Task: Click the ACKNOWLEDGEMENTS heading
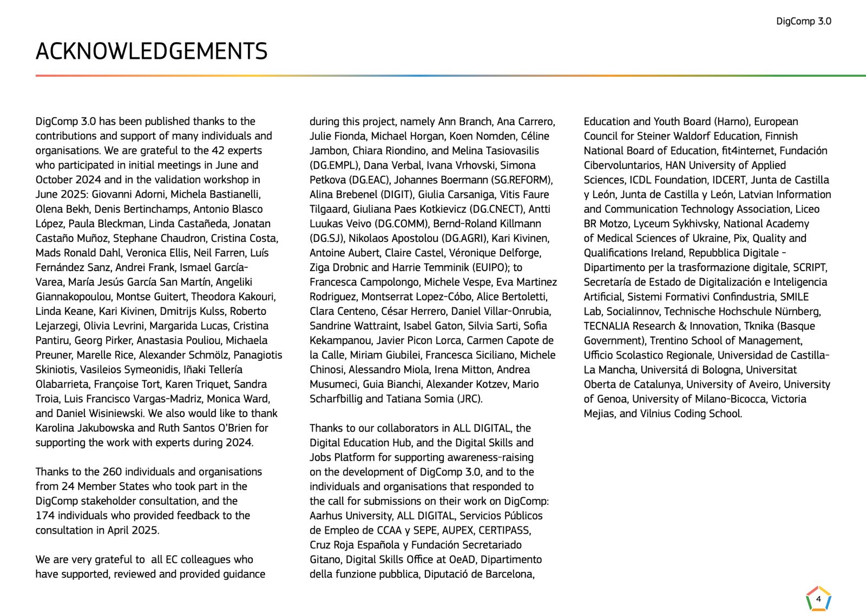coord(152,51)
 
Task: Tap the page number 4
coord(818,599)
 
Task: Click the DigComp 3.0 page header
coord(803,22)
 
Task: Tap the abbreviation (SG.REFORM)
coord(522,180)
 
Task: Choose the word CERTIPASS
coord(504,530)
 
